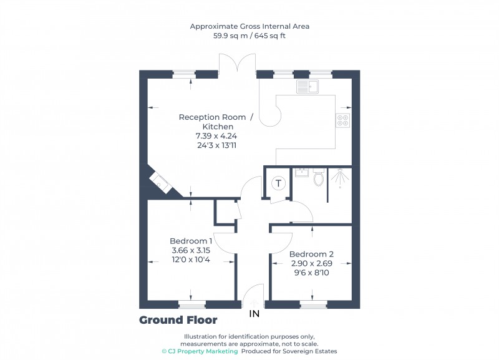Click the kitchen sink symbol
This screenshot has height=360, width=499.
pos(308,87)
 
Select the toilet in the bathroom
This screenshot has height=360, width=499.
pos(319,178)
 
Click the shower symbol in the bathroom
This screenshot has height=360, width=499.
pos(339,178)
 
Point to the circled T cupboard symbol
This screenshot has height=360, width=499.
pos(278,183)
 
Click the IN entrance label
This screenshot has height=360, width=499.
pos(254,313)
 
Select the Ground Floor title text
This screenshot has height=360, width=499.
pos(178,320)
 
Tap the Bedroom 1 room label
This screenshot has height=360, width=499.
pos(191,241)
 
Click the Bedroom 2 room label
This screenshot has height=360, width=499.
pos(311,254)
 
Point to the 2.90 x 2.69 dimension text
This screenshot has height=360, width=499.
pos(311,263)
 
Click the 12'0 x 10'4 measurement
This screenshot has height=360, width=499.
pos(191,260)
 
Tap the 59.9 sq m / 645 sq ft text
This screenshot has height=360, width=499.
pos(249,36)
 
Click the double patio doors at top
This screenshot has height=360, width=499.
pos(237,65)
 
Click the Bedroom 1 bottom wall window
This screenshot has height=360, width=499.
pos(191,304)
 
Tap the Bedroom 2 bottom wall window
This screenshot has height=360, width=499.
pos(313,304)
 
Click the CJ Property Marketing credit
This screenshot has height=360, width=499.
pos(200,351)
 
